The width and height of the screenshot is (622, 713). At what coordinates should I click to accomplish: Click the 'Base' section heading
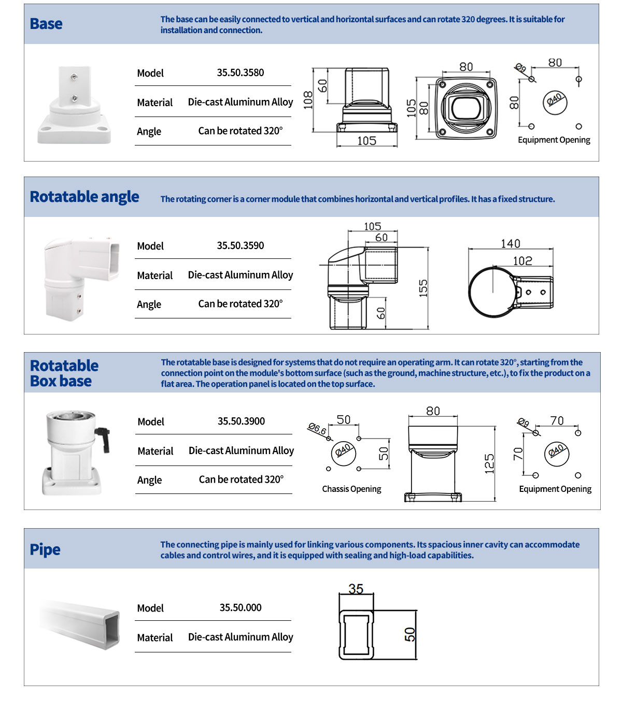click(x=46, y=24)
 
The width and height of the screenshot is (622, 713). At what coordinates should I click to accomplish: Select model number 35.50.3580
click(x=240, y=72)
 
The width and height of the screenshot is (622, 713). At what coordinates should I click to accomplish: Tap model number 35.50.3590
click(x=240, y=245)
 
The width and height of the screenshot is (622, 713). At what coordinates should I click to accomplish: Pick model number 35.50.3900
click(x=241, y=421)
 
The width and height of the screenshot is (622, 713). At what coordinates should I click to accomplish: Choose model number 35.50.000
click(x=241, y=607)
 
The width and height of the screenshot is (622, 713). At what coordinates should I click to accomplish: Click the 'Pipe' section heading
click(x=45, y=549)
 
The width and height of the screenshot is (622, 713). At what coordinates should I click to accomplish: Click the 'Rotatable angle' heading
click(x=84, y=197)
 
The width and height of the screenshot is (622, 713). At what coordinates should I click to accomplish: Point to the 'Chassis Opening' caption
click(x=351, y=489)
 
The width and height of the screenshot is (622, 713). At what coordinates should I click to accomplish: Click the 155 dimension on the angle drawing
click(x=423, y=288)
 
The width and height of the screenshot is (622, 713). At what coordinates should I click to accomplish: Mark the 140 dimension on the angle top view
click(x=511, y=243)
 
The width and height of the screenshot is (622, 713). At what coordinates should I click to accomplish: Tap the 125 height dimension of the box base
click(x=489, y=464)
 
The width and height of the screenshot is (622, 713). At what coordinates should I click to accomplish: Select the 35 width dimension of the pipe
click(x=356, y=589)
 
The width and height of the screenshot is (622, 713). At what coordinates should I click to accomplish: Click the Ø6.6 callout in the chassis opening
click(x=317, y=428)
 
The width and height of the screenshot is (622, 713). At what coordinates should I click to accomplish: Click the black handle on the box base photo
click(x=103, y=438)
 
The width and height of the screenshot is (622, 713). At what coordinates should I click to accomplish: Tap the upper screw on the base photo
click(x=75, y=78)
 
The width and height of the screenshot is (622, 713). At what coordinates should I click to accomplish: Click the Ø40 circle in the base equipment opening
click(x=555, y=99)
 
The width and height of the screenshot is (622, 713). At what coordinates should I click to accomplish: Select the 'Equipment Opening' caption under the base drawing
click(x=554, y=140)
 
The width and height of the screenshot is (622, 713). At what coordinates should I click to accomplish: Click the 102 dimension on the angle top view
click(x=522, y=261)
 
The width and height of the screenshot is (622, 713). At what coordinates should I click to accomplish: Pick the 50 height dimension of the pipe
click(x=410, y=634)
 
